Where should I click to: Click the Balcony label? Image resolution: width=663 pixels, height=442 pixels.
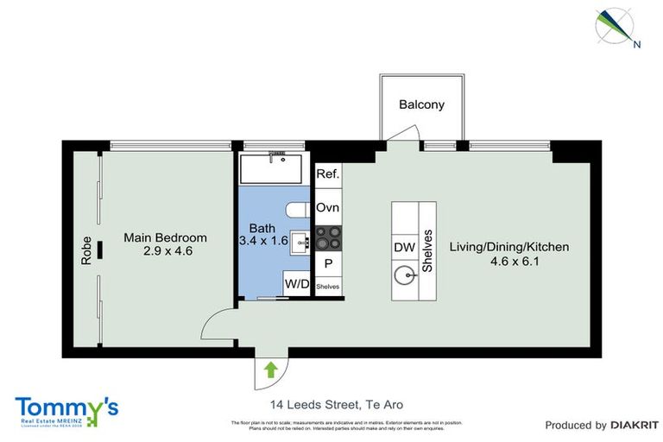[x=421, y=105]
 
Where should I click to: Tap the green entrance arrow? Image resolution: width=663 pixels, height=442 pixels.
[x=271, y=370]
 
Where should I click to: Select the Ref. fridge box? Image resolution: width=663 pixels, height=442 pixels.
[x=327, y=174]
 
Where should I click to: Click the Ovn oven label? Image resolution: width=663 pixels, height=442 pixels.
[x=327, y=208]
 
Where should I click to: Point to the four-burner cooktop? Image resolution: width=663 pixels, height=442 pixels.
[x=327, y=237]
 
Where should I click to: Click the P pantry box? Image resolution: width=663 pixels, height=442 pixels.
[x=327, y=263]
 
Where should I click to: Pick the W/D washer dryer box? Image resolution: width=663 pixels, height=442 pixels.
[x=296, y=282]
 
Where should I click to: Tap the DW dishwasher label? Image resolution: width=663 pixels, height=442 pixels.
[x=404, y=247]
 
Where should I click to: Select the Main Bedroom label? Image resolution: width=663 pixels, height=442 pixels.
[x=165, y=237]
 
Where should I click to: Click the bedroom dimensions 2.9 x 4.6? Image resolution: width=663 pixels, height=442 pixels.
[x=165, y=252]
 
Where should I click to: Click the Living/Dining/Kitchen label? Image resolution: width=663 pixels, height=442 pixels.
[x=508, y=247]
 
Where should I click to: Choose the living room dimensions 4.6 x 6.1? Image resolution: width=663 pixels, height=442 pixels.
[x=508, y=262]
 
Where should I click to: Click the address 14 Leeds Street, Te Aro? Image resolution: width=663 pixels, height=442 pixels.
[x=331, y=405]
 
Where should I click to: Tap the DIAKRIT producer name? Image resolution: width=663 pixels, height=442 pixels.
[x=631, y=425]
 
